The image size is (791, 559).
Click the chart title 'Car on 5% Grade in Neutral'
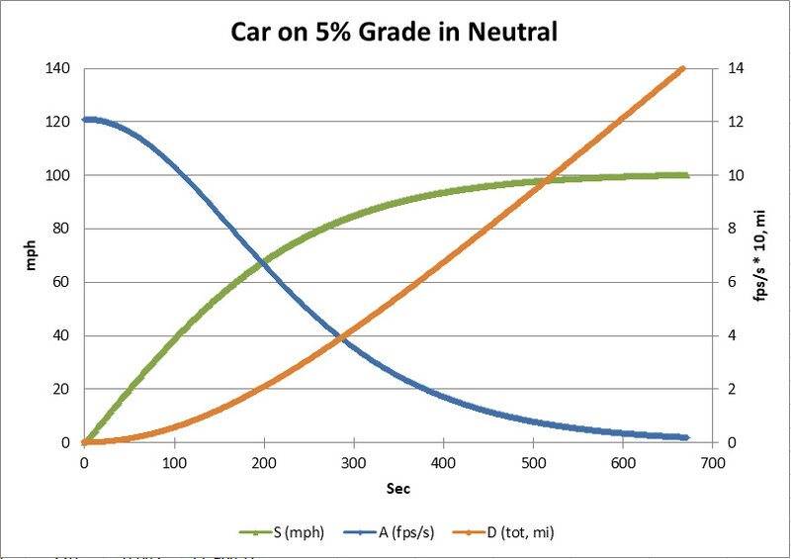coord(395,32)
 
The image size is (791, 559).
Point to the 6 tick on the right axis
coord(729,282)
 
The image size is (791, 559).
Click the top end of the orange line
coord(683,68)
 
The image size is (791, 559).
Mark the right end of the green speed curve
coord(686,175)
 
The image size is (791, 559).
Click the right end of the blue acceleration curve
coord(686,437)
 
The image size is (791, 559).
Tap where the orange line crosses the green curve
coord(513,180)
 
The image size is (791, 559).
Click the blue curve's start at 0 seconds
coord(85,120)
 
